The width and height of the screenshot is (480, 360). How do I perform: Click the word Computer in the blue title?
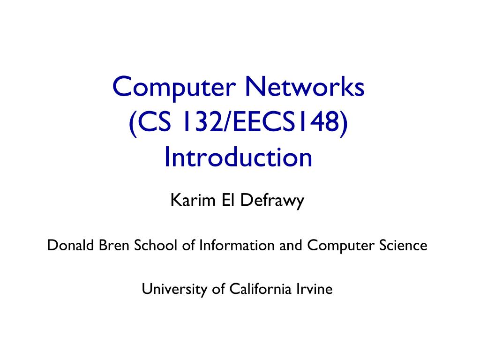(174, 88)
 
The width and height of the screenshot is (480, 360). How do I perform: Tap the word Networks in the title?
(305, 87)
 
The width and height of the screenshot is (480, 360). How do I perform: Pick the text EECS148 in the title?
(286, 122)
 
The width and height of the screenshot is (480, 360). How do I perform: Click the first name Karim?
(193, 200)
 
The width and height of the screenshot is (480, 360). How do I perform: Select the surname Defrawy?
(272, 202)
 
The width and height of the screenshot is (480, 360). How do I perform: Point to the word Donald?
(70, 245)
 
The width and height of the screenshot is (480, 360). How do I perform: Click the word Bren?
(113, 245)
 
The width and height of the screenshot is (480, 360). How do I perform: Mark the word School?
(156, 245)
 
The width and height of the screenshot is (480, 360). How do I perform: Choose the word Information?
(237, 245)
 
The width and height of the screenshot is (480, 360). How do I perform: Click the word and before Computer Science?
(291, 245)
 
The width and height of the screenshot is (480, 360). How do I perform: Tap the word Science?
(403, 245)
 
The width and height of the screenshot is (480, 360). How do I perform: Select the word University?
(174, 289)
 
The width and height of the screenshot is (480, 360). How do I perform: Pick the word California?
(260, 289)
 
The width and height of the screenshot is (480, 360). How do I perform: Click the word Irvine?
(315, 289)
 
